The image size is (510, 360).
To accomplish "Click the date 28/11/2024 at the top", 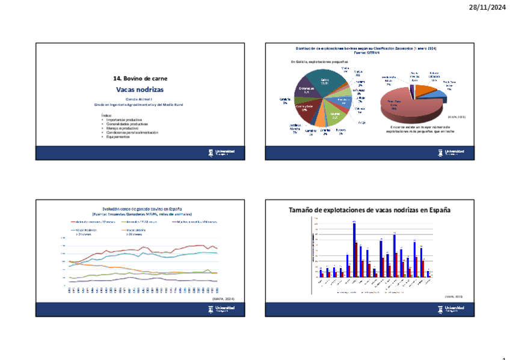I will click(487, 7).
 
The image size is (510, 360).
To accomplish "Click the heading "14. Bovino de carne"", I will click(140, 79).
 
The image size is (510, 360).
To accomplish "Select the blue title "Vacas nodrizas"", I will click(140, 90).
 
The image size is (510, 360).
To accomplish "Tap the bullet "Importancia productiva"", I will click(121, 120).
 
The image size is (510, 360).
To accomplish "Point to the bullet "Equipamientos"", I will click(118, 136).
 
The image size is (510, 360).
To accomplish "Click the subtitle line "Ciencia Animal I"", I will click(140, 99).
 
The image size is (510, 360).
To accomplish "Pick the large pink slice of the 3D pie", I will click(409, 107).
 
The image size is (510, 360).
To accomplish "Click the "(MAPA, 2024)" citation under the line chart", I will click(223, 299).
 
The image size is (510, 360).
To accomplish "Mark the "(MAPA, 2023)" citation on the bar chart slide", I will click(453, 297).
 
